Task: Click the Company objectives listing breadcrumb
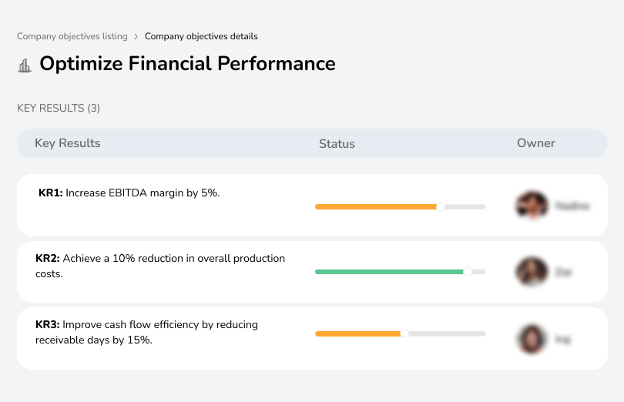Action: (x=72, y=36)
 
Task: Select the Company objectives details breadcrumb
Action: (x=201, y=36)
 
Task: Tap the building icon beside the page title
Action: (x=25, y=65)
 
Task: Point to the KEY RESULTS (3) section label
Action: (x=59, y=108)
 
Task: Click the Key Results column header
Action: (x=67, y=143)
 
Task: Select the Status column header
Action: (x=337, y=144)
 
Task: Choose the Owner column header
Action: (x=535, y=143)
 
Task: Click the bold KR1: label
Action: (x=50, y=193)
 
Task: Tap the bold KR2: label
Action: (x=48, y=259)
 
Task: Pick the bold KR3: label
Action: (x=48, y=325)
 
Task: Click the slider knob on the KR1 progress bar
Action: (x=441, y=206)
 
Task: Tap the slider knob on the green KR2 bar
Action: (x=467, y=272)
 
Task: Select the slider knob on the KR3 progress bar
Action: (x=404, y=333)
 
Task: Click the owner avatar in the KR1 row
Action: (x=532, y=206)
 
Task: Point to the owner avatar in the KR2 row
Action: (x=532, y=272)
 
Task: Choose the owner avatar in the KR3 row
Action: (x=532, y=339)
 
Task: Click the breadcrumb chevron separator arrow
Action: (x=136, y=36)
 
